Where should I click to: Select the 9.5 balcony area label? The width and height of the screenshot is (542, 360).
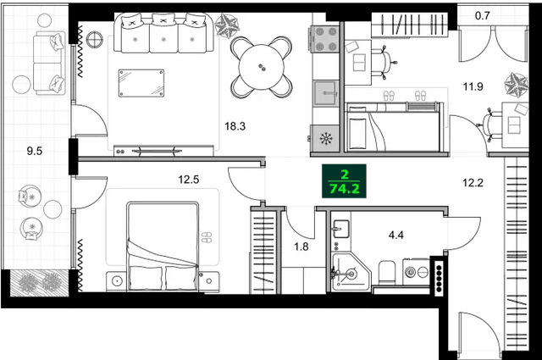(x=35, y=152)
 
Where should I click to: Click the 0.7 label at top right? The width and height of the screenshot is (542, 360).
(x=483, y=14)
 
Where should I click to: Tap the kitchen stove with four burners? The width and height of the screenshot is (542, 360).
(x=325, y=38)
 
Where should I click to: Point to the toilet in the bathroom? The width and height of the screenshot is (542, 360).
(x=384, y=272)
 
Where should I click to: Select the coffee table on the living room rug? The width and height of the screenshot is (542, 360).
(x=141, y=83)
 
